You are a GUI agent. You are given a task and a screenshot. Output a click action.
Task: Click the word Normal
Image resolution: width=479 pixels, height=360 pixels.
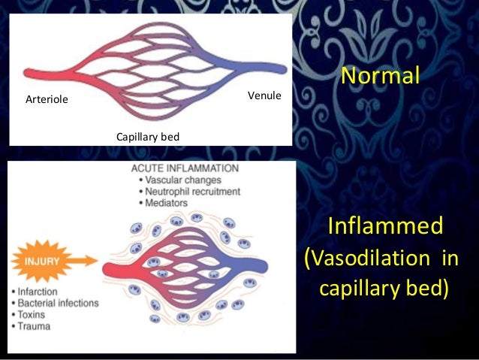378,76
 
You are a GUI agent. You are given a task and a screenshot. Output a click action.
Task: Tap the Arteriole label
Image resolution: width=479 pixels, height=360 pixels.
46,98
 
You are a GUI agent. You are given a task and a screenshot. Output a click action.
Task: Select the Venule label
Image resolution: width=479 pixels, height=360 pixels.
264,95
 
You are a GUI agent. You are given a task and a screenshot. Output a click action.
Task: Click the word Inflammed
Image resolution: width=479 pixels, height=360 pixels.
385,226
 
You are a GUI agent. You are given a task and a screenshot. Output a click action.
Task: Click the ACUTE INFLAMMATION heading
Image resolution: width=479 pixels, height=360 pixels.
185,168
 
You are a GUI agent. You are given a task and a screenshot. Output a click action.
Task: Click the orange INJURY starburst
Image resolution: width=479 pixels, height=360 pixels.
41,261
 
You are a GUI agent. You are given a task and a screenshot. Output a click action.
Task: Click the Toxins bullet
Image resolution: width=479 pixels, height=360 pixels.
35,316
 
